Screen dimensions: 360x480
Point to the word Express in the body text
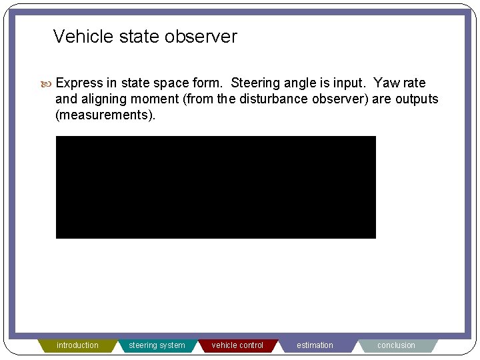[x=79, y=83]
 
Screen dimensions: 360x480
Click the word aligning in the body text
[x=105, y=99]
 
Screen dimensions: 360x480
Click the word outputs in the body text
[x=417, y=99]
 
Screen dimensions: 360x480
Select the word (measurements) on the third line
[x=105, y=115]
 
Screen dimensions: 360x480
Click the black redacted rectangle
[x=215, y=187]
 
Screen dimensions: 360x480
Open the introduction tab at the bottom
[x=77, y=345]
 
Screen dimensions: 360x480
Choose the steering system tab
[x=157, y=345]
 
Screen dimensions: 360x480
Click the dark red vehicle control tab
[x=237, y=345]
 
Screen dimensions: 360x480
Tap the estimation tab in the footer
[x=315, y=345]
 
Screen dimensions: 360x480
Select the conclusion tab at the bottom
[x=396, y=345]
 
